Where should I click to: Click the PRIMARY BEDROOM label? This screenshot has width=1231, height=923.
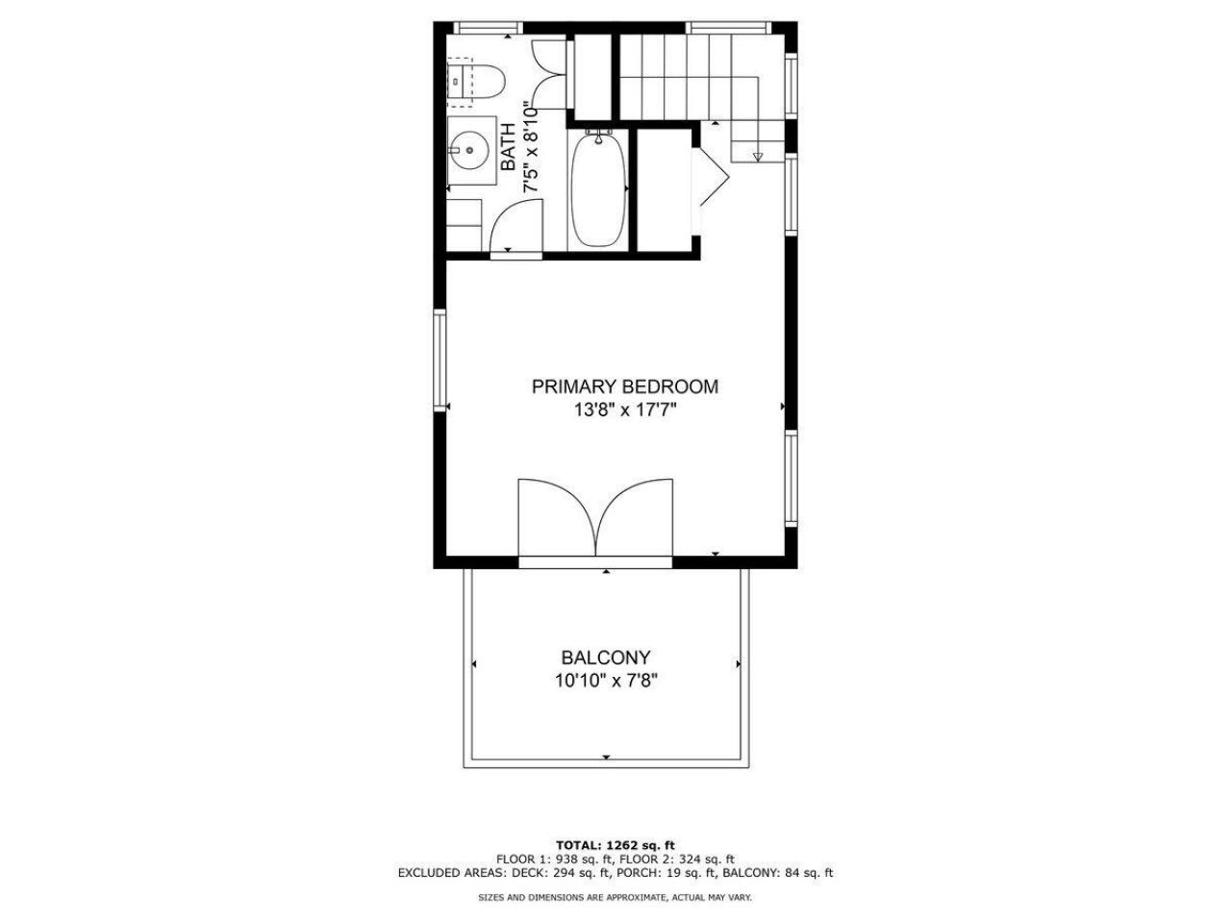tap(625, 387)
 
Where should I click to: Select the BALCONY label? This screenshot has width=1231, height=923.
tap(606, 659)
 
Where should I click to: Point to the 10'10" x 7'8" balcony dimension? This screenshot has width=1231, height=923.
tap(606, 682)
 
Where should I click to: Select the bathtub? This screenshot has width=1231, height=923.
tap(599, 191)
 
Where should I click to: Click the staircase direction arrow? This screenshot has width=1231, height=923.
tap(757, 156)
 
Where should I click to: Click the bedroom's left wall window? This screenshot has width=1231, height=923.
tap(440, 361)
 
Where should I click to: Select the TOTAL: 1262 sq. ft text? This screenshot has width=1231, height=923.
tap(615, 844)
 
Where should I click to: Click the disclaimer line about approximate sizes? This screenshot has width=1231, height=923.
tap(615, 897)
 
